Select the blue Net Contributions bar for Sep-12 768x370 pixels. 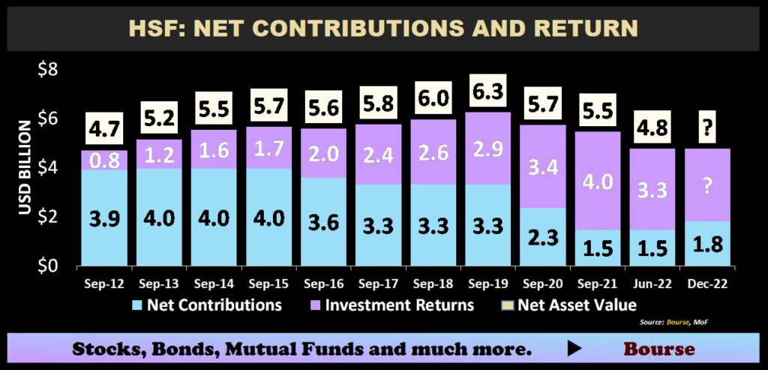point(104,218)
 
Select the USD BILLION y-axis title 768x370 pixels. point(25,167)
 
